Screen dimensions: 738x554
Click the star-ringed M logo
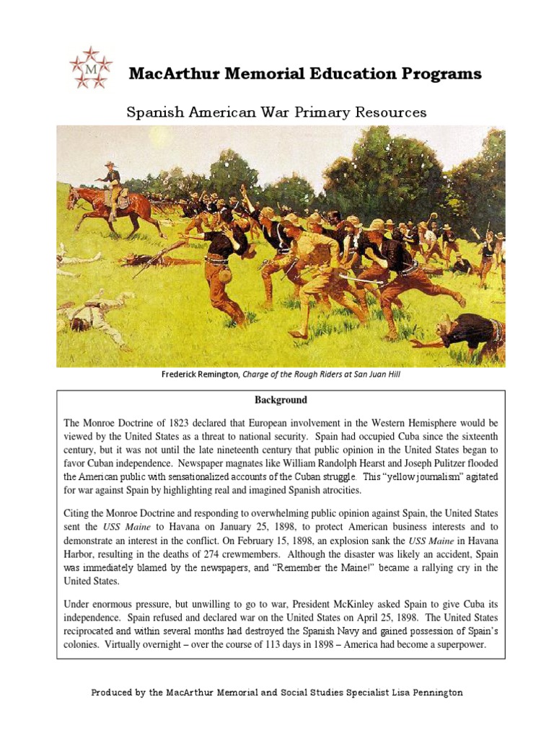click(91, 68)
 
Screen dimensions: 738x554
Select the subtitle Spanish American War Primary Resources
click(276, 112)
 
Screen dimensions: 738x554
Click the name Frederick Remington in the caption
click(200, 374)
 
